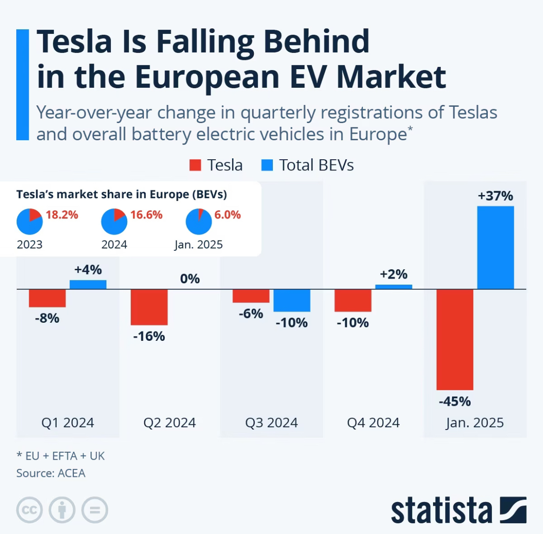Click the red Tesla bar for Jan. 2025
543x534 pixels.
coord(455,339)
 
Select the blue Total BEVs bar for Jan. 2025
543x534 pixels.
coord(495,247)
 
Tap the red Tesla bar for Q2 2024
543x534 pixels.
coord(149,307)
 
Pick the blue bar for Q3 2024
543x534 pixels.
coord(291,300)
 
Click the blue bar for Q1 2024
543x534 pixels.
coord(88,284)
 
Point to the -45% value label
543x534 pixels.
coord(455,401)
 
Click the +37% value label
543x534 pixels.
coord(495,196)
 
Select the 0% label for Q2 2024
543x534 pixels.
coord(190,279)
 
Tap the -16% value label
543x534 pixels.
coord(149,336)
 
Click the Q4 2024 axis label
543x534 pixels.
coord(373,423)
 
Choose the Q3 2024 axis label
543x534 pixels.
coord(271,423)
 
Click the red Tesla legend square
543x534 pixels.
coord(195,165)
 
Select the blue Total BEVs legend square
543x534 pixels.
coord(267,165)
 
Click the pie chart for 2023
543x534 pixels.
coord(30,221)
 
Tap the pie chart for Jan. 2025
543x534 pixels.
coord(199,221)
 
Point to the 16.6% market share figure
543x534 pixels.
coord(146,215)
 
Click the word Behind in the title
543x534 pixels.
coord(317,42)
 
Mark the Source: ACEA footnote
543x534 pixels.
coord(51,473)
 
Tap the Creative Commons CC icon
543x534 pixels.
coord(30,510)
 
